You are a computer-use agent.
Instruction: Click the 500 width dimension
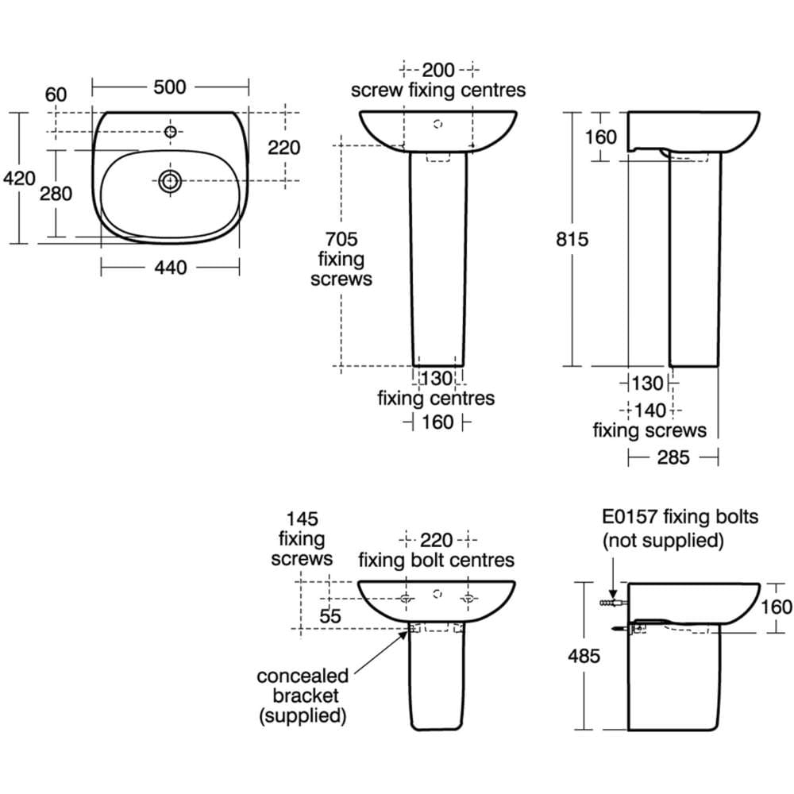tap(169, 87)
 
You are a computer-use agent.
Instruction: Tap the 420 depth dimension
tap(19, 179)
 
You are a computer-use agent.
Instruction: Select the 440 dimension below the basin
tap(170, 268)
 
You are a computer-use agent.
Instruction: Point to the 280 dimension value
tap(56, 193)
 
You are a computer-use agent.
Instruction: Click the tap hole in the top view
tap(170, 131)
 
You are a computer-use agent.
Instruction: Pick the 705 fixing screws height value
tap(341, 238)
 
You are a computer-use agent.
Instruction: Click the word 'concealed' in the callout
tap(303, 676)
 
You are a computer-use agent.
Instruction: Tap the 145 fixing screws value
tap(302, 518)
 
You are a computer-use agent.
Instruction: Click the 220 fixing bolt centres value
tap(436, 541)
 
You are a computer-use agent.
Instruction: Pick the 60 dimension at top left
tap(56, 94)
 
